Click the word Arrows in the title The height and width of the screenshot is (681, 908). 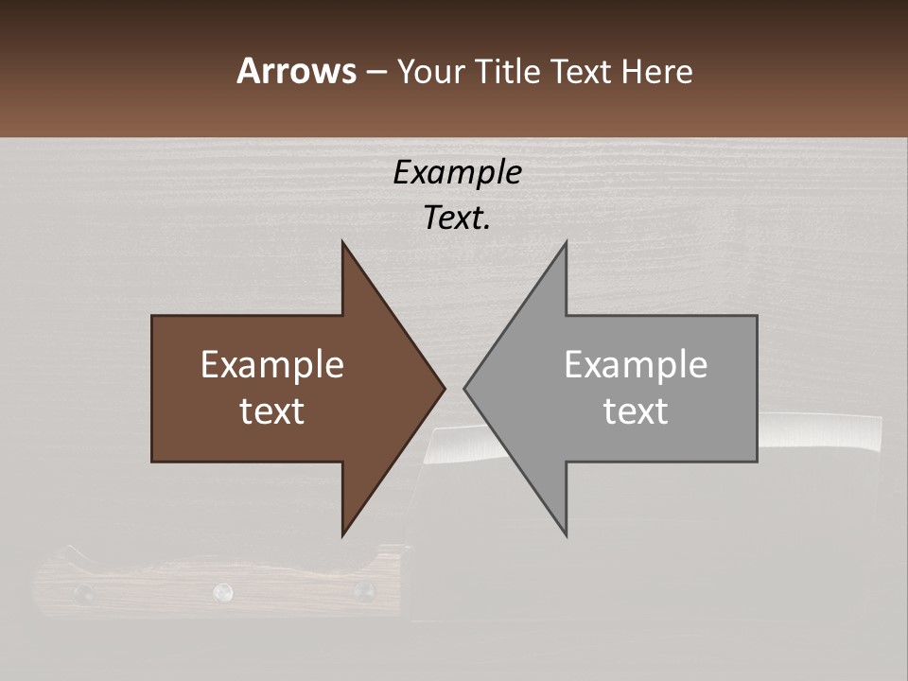(296, 71)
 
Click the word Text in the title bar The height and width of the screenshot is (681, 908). (582, 72)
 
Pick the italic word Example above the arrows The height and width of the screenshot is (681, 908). (457, 173)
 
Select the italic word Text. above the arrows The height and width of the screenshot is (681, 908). (457, 218)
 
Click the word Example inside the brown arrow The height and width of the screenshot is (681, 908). (272, 365)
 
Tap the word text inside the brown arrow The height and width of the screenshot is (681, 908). (272, 411)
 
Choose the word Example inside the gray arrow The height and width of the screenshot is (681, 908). (636, 365)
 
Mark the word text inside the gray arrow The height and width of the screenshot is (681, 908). (636, 411)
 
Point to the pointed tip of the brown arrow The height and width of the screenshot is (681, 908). (444, 388)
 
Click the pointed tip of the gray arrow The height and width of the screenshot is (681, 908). (465, 388)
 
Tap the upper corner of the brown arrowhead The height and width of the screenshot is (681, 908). (342, 242)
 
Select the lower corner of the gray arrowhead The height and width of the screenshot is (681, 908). (566, 535)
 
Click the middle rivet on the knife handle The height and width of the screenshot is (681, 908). (223, 592)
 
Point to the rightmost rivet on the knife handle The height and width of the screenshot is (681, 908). (363, 592)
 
